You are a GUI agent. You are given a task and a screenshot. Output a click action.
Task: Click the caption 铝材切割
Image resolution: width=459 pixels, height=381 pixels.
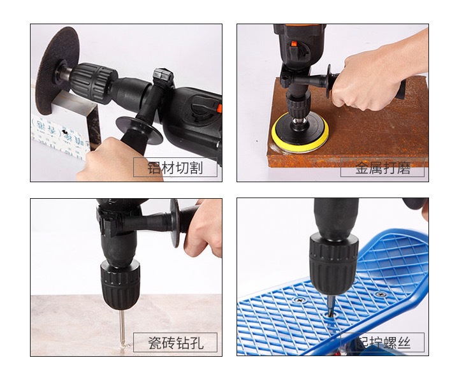175,168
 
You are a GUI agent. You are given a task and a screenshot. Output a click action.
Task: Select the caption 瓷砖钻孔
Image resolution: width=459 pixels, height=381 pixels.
175,342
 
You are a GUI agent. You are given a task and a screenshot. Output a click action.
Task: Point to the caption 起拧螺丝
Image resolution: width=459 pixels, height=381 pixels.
382,343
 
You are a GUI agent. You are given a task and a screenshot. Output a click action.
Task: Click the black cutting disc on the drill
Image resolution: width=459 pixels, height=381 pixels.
54,70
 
